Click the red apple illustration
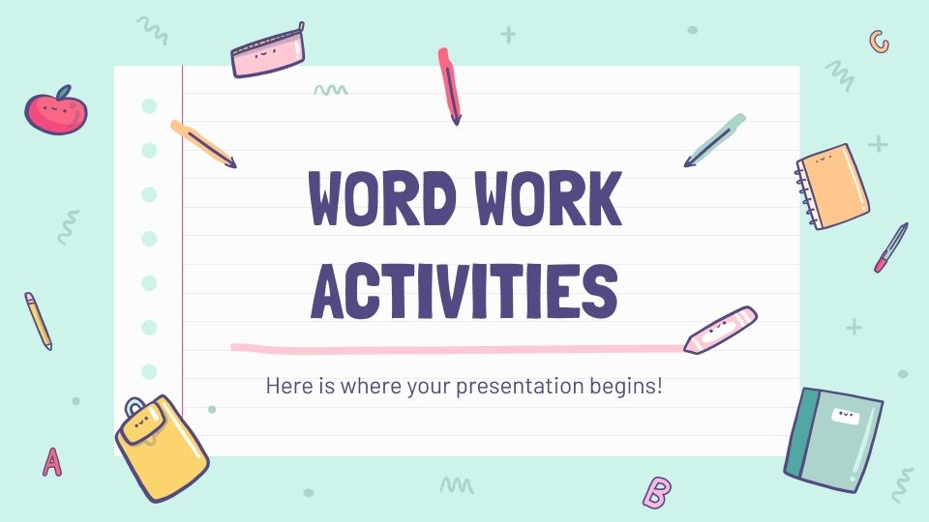pyautogui.click(x=55, y=112)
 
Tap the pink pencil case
pyautogui.click(x=268, y=53)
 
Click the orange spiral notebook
pyautogui.click(x=833, y=186)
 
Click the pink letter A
pyautogui.click(x=52, y=462)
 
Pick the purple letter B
pyautogui.click(x=656, y=492)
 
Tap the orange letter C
pyautogui.click(x=879, y=41)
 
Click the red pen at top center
pyautogui.click(x=449, y=85)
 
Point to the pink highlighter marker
pyautogui.click(x=720, y=330)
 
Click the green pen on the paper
pyautogui.click(x=716, y=140)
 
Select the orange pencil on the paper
pyautogui.click(x=202, y=143)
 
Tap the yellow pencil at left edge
pyautogui.click(x=38, y=320)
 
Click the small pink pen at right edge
pyautogui.click(x=891, y=247)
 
